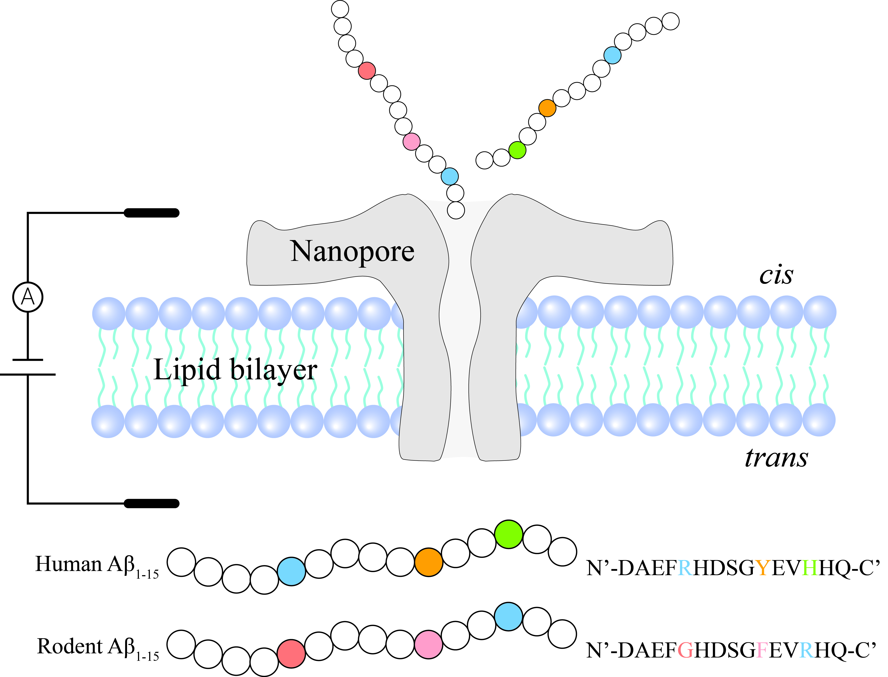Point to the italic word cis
point(776,275)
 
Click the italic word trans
point(776,458)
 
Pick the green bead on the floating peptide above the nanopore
point(517,150)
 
